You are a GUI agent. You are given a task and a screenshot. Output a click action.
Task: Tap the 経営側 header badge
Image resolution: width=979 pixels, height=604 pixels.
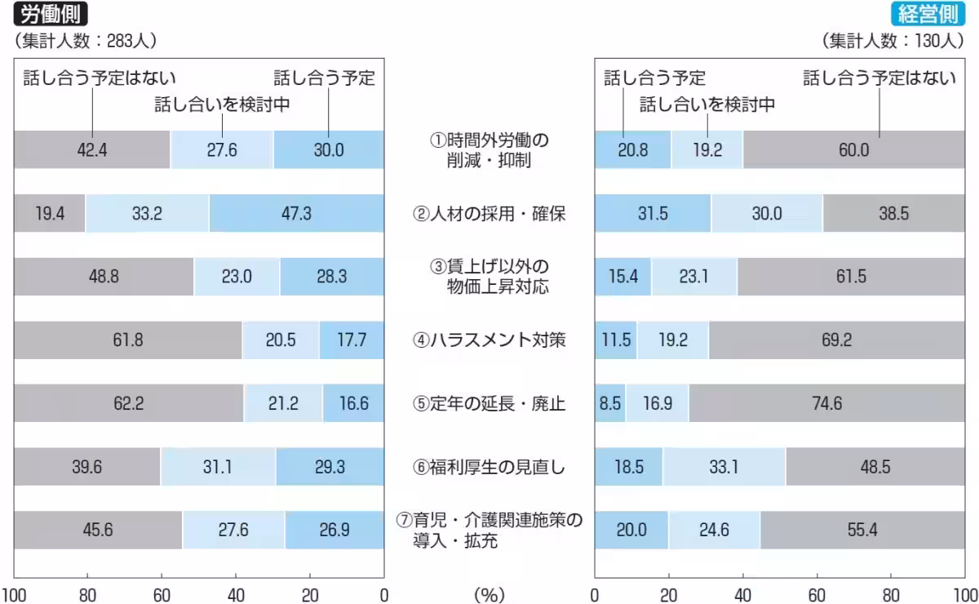(x=929, y=15)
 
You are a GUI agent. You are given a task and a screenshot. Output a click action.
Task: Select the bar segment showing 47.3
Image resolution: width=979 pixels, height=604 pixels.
(x=296, y=214)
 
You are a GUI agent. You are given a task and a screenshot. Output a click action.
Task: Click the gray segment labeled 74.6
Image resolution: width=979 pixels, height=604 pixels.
(x=826, y=403)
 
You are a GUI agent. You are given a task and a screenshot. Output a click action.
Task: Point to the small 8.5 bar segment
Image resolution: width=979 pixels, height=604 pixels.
(x=610, y=403)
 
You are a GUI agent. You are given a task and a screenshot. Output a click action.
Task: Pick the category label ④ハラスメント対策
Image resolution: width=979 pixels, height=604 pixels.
(x=489, y=340)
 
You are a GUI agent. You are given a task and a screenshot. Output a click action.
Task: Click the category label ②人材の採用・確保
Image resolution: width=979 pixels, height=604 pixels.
(x=489, y=214)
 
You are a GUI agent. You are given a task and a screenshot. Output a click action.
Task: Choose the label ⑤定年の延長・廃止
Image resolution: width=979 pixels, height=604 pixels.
(x=489, y=403)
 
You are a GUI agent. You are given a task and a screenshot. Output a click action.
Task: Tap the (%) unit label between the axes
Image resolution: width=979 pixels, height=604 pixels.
(x=489, y=594)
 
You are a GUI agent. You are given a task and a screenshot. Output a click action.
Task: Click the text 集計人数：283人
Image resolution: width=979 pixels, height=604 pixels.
(x=86, y=40)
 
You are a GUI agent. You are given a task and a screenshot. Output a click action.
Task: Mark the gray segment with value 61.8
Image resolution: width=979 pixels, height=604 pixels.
(x=128, y=340)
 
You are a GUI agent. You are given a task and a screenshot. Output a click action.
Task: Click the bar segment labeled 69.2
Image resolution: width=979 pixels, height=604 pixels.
(x=836, y=340)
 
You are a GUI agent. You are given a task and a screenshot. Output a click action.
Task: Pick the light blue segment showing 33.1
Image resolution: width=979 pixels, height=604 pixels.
(x=724, y=467)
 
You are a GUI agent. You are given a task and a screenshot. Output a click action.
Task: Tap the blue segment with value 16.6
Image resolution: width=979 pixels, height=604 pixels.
(x=353, y=403)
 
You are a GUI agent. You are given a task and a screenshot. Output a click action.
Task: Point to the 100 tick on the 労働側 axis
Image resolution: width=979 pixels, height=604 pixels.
(x=14, y=594)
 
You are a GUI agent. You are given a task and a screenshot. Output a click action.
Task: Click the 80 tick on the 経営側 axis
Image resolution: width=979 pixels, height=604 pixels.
(x=891, y=594)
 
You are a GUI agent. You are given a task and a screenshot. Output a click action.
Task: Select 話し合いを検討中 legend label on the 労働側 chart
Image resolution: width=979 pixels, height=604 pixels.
(x=223, y=104)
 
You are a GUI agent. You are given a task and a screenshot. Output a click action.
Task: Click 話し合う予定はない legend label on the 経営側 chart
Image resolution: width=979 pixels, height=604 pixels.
(x=879, y=78)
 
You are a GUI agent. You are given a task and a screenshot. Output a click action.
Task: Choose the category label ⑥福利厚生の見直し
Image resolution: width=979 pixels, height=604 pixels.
(x=489, y=467)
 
